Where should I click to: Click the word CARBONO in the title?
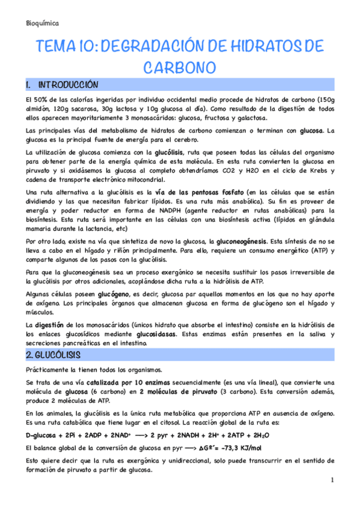pos(180,66)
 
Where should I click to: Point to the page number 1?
pos(332,480)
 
